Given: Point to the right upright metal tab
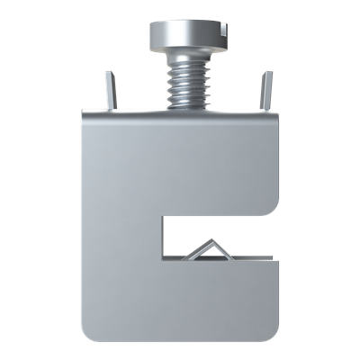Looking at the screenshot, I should click(x=265, y=91).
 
